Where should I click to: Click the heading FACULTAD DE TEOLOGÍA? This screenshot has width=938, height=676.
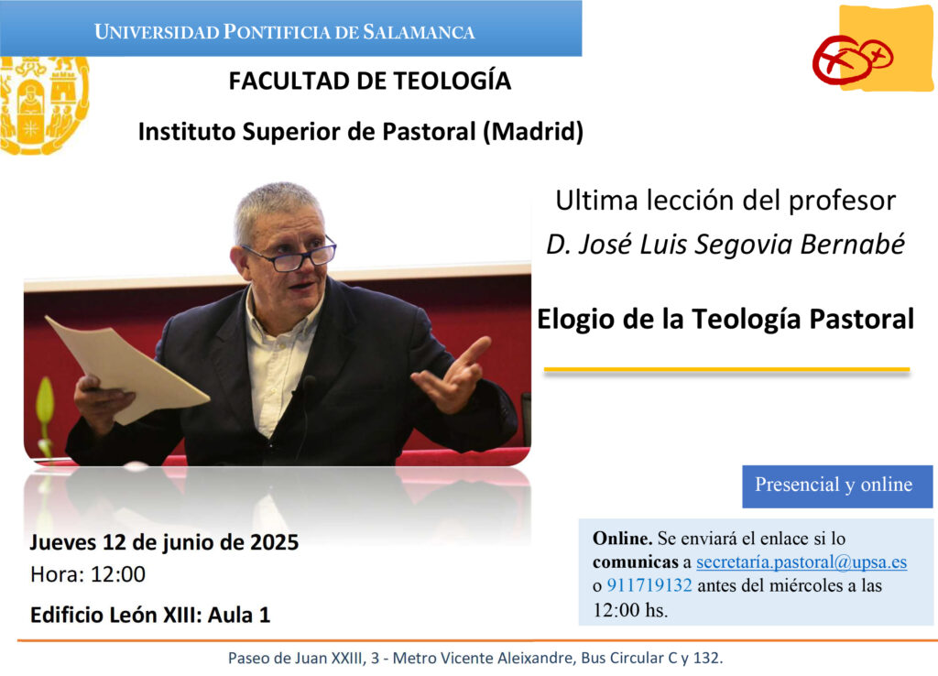click(370, 81)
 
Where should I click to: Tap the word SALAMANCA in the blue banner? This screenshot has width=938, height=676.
click(419, 32)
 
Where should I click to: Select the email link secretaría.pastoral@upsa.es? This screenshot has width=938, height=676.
click(802, 562)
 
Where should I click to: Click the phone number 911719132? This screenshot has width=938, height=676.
click(649, 585)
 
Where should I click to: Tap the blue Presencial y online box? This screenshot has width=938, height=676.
click(837, 486)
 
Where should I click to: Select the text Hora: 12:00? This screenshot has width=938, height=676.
click(88, 574)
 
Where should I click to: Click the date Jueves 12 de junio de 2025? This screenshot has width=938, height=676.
click(165, 542)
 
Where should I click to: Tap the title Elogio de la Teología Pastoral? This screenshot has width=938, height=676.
click(725, 319)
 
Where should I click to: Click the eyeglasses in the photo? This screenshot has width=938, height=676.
click(291, 254)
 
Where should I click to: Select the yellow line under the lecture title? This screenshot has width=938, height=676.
click(726, 370)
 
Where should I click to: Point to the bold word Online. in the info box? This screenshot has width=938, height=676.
click(622, 539)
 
